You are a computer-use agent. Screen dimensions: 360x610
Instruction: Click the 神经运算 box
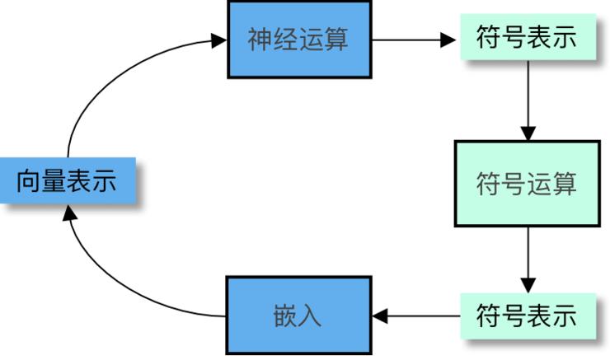coord(298,39)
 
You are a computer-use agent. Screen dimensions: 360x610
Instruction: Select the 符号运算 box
coord(526,184)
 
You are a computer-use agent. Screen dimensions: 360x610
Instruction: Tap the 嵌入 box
coord(298,316)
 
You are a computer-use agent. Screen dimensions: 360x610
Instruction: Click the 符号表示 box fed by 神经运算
coord(526,39)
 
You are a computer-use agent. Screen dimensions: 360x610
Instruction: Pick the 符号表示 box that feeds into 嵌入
coord(526,316)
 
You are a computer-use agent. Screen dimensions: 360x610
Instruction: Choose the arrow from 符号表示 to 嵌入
coord(416,316)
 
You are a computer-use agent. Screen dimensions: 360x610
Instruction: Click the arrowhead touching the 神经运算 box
coord(219,39)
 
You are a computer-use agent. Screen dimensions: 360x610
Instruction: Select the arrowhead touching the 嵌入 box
coord(380,316)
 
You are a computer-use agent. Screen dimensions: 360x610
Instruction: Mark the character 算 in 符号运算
coord(564,184)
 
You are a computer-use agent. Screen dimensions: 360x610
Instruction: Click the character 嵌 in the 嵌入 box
coord(285,316)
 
